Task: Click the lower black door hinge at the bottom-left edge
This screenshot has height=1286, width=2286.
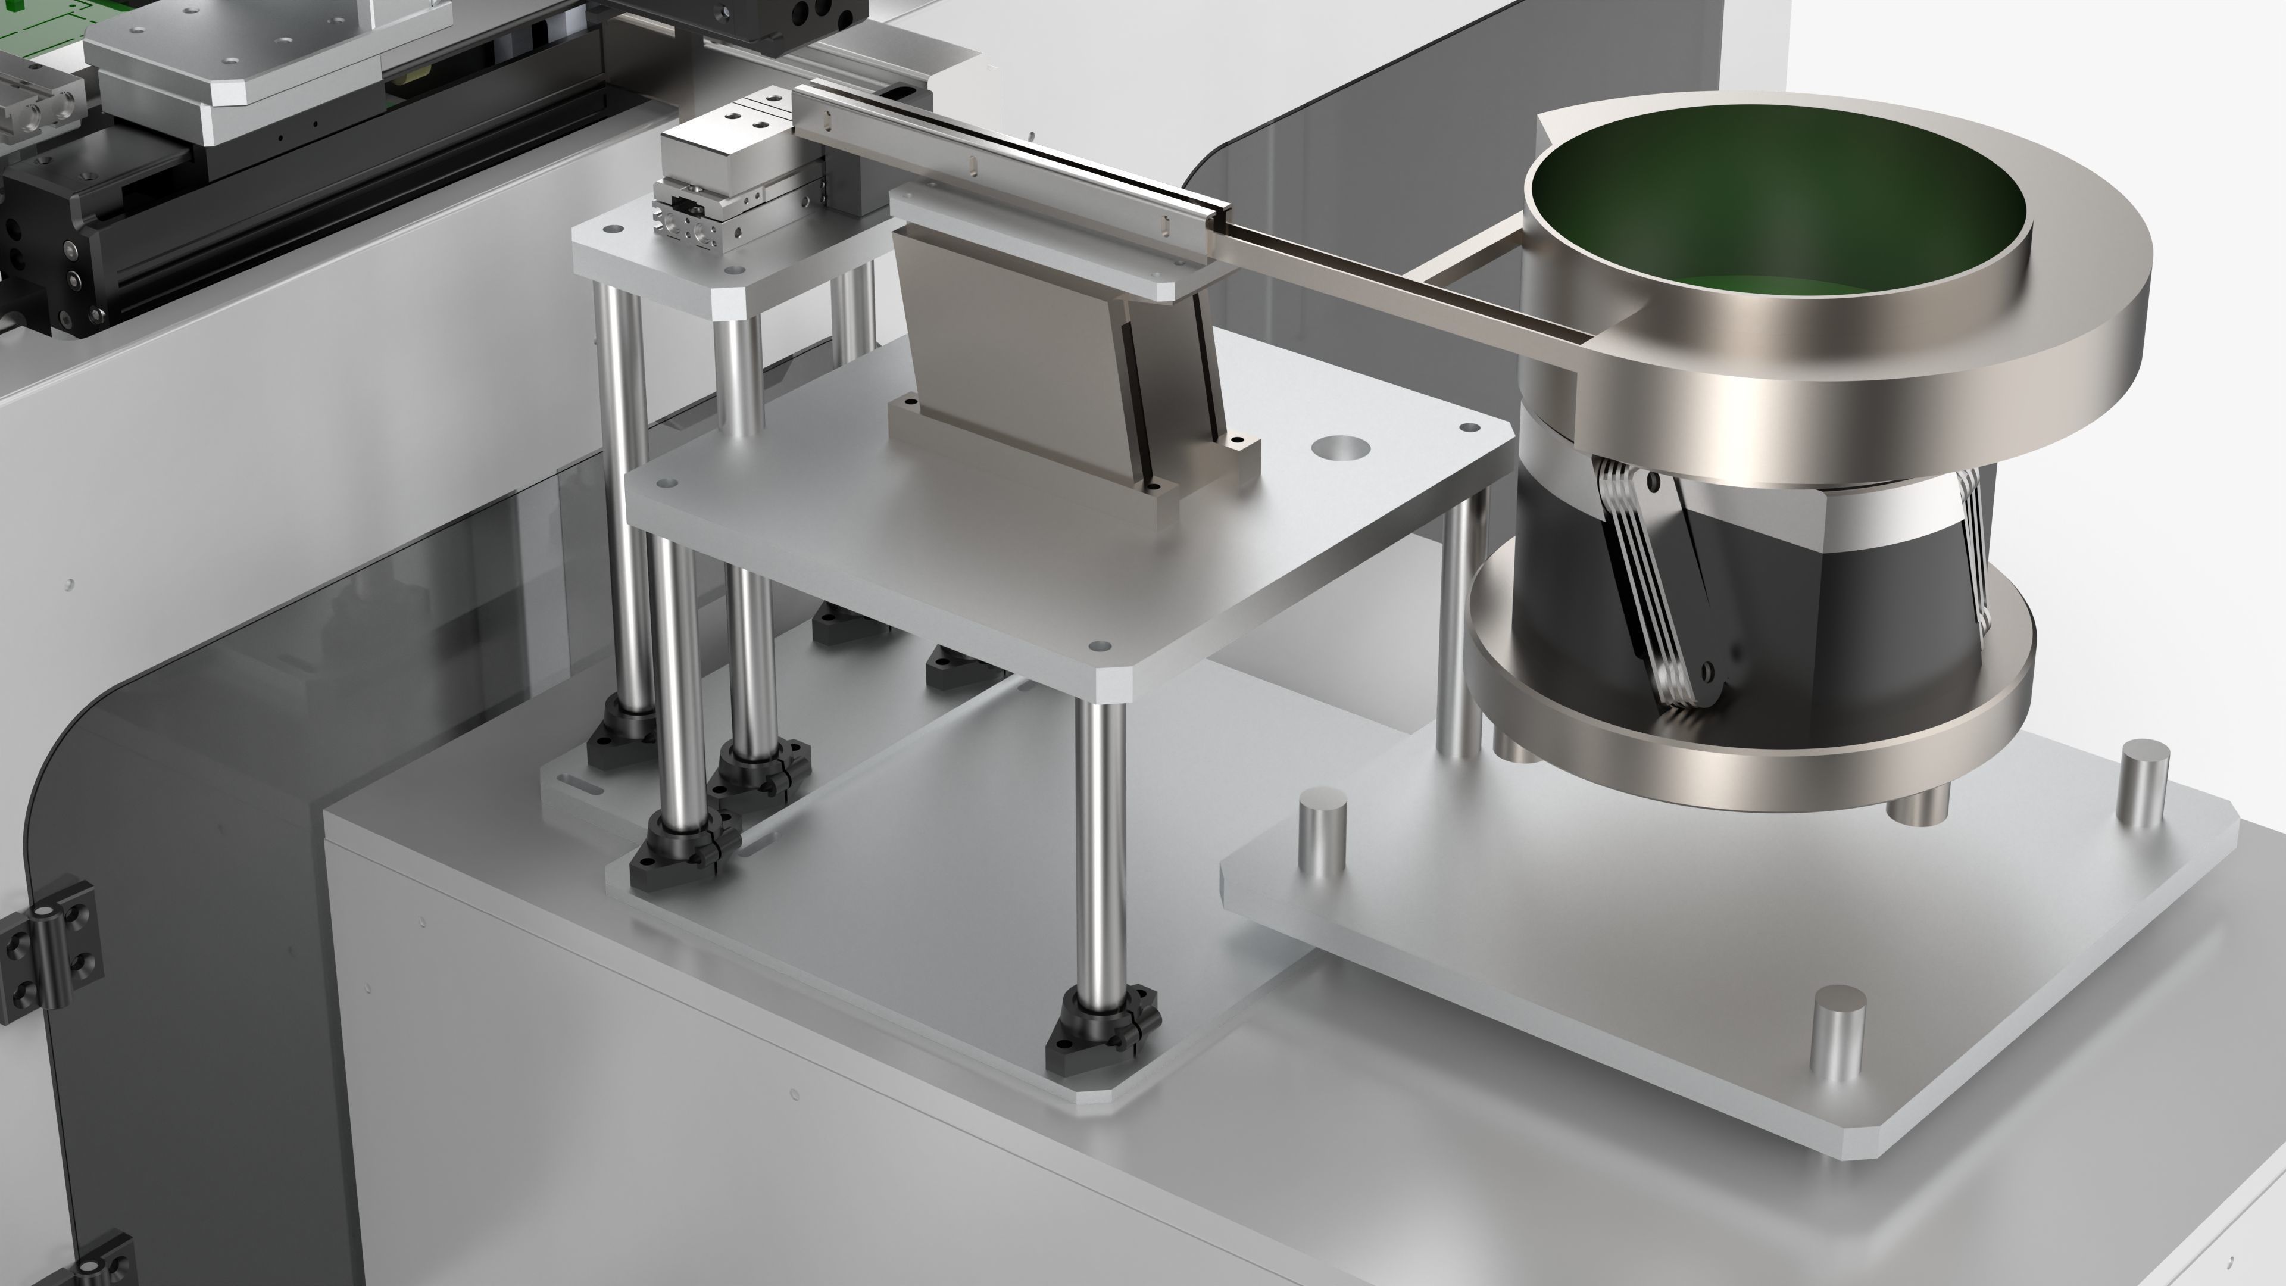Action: [x=98, y=1265]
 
